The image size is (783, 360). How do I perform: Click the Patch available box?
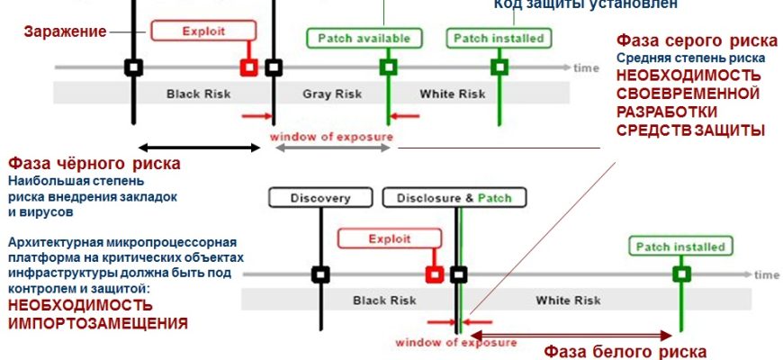tap(363, 39)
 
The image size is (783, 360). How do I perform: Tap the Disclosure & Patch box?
tap(454, 198)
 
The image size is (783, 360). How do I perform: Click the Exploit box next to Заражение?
tap(202, 31)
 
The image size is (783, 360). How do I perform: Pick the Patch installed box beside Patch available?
tap(498, 39)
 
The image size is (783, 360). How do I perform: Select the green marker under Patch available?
tap(388, 67)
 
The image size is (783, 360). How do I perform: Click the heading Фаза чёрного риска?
tap(94, 164)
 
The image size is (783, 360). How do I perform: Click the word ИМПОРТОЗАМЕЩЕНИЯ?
tap(98, 322)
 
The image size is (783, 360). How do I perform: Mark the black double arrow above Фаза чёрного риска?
tap(199, 146)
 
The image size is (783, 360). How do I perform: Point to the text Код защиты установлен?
tap(584, 4)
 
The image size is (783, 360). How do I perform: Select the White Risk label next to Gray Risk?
tap(453, 94)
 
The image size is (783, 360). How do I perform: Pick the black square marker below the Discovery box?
tap(319, 274)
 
